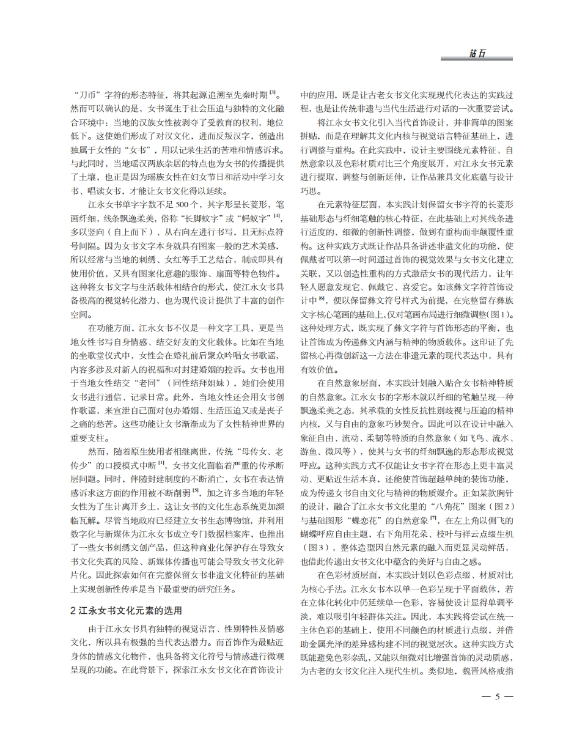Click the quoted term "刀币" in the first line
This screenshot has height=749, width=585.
[x=89, y=95]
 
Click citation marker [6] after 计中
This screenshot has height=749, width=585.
[x=322, y=299]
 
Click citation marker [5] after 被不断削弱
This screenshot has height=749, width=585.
[x=196, y=490]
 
